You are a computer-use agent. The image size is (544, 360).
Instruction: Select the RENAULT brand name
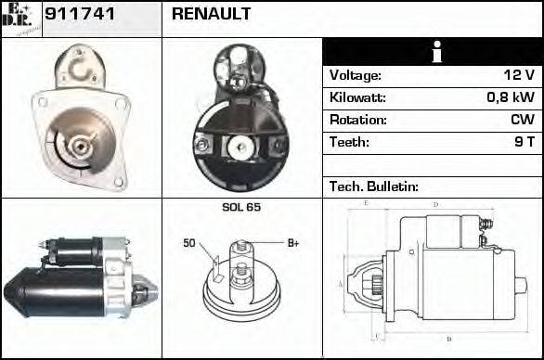[x=211, y=15]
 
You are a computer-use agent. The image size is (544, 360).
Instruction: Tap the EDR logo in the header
[x=20, y=18]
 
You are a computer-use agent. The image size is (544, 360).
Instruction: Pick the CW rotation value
[x=522, y=121]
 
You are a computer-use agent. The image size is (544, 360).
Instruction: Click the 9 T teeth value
[x=525, y=143]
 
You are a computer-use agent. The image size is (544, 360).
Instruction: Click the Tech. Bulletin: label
[x=374, y=186]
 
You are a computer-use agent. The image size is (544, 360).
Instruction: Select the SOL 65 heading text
[x=240, y=207]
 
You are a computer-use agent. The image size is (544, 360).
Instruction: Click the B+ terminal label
[x=293, y=243]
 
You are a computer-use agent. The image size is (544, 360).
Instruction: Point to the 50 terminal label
[x=188, y=243]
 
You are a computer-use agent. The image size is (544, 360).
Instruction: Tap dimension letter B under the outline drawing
[x=448, y=338]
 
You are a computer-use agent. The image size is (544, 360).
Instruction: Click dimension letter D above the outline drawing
[x=435, y=203]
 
